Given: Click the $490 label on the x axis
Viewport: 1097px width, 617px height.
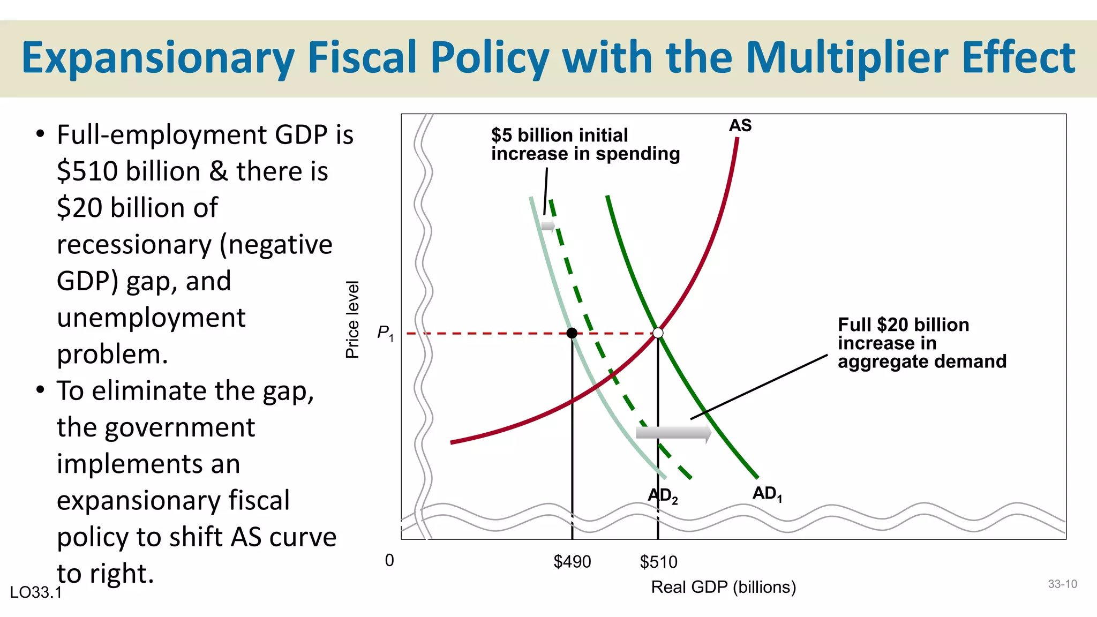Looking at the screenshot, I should (572, 562).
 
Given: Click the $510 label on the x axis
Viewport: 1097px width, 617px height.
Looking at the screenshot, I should (658, 562).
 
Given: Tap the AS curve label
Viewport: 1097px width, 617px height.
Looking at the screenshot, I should (740, 126).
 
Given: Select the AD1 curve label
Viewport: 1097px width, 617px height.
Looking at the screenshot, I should (767, 494).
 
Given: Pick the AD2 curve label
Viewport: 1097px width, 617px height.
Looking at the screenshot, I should (663, 496).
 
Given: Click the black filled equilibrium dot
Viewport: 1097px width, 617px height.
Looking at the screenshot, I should (572, 333).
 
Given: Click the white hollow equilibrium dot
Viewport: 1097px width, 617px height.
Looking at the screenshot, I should (658, 333).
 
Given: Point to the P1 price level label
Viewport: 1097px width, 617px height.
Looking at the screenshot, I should (385, 333).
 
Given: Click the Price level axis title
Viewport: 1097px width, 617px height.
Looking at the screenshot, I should (352, 320).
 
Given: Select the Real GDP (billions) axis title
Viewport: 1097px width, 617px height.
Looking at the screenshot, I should (723, 587).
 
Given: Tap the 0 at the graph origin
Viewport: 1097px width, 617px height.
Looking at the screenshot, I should (389, 560).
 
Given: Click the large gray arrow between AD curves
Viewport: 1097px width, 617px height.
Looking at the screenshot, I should (673, 433).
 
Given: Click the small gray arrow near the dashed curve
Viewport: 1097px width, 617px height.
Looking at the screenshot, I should (548, 225).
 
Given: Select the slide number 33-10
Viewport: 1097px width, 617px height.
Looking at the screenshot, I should (1062, 584).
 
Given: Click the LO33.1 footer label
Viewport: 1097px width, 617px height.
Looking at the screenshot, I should (36, 592).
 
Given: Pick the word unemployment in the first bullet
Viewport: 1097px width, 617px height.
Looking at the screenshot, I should (151, 318).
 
